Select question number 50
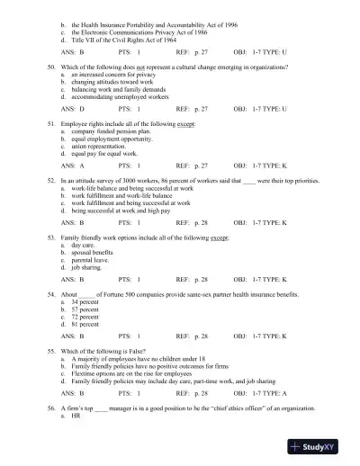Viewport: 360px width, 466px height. point(51,67)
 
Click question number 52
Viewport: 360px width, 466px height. point(51,180)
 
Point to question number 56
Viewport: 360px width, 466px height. point(51,432)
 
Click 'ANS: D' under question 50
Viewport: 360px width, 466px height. point(72,108)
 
